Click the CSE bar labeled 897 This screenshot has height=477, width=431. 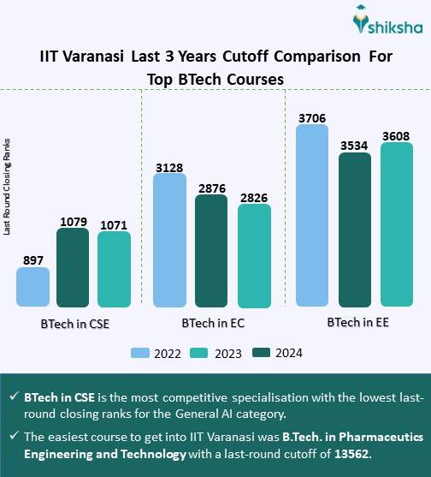[32, 286]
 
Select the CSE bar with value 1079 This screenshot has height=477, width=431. [73, 267]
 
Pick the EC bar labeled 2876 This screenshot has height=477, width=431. [211, 251]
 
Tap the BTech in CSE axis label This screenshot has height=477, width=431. [74, 325]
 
